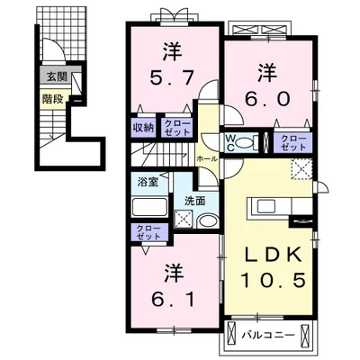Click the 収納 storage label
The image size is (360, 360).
click(144, 127)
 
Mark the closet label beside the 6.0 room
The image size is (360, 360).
click(292, 141)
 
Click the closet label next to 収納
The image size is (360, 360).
click(175, 127)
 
